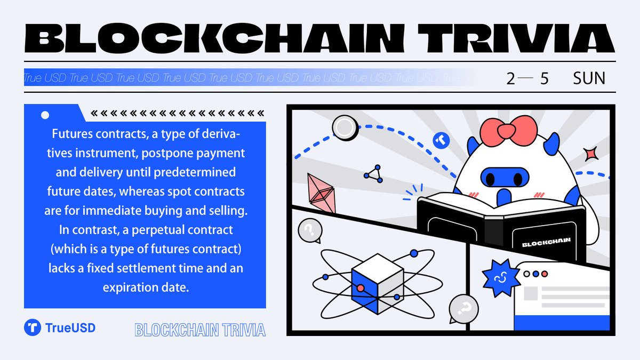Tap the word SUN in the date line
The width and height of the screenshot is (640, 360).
pyautogui.click(x=589, y=79)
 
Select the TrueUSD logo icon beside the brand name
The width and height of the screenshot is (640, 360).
pyautogui.click(x=33, y=327)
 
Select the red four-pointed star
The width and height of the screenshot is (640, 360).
pyautogui.click(x=590, y=154)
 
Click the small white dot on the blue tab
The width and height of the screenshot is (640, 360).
pyautogui.click(x=45, y=114)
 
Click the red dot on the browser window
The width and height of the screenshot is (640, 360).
pyautogui.click(x=544, y=274)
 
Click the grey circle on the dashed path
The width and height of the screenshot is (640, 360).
pyautogui.click(x=345, y=128)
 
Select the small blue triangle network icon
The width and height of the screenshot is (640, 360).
pyautogui.click(x=374, y=173)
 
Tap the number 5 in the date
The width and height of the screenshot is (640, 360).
pyautogui.click(x=544, y=79)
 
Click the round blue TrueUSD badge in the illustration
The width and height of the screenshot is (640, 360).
pyautogui.click(x=442, y=141)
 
